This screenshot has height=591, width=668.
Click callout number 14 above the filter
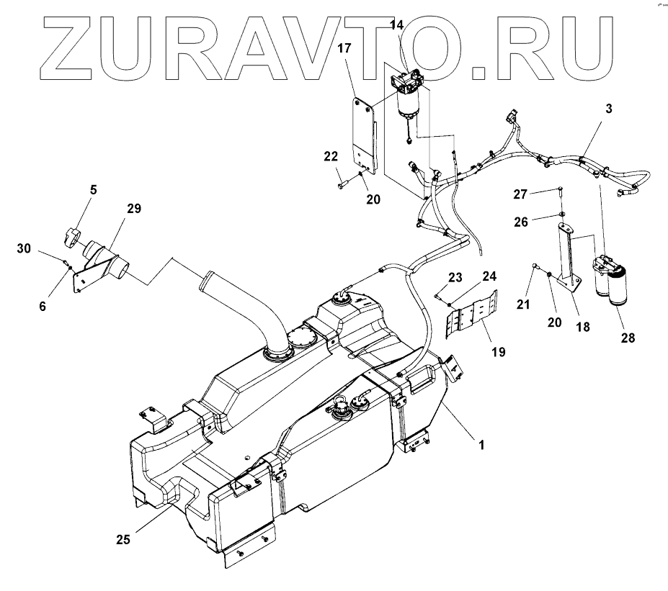coord(397,26)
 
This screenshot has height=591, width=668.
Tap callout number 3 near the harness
coord(609,109)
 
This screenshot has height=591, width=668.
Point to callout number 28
coord(628,337)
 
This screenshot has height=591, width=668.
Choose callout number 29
coord(134,209)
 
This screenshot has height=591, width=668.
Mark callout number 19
coord(498,353)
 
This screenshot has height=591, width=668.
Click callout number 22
coord(330,158)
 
